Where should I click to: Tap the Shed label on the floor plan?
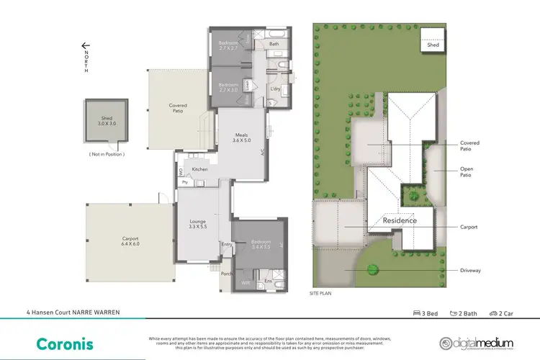[105, 120]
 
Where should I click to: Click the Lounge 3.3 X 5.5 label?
[197, 224]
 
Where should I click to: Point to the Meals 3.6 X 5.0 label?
[243, 138]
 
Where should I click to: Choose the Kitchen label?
[199, 169]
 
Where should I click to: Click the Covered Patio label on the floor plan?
[178, 108]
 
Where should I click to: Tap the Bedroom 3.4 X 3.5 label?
[260, 243]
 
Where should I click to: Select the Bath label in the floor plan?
[274, 44]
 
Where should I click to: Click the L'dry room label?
[275, 89]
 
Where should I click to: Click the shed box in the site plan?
[432, 40]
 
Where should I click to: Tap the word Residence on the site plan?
[399, 220]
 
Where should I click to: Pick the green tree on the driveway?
[373, 269]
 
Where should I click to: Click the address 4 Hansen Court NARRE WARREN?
[68, 313]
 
